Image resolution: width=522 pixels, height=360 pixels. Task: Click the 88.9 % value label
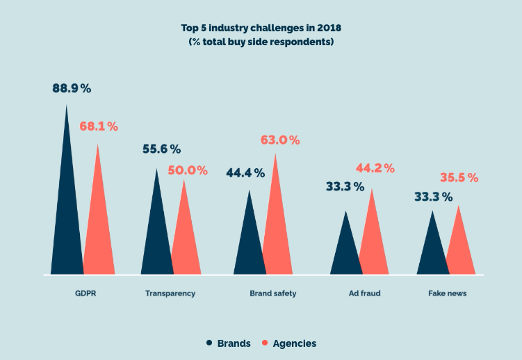(x=72, y=88)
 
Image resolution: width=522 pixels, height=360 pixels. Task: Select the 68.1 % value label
(x=99, y=126)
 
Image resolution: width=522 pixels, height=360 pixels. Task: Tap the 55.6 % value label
(x=161, y=149)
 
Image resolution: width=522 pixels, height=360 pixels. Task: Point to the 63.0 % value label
(x=280, y=140)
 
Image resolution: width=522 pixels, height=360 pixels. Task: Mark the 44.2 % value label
(x=375, y=168)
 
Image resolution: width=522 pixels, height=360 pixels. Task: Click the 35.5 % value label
(x=459, y=178)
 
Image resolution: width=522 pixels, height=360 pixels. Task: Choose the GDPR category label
(x=85, y=293)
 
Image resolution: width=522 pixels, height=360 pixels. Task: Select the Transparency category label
(x=170, y=293)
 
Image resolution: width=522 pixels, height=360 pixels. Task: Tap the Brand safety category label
(x=273, y=293)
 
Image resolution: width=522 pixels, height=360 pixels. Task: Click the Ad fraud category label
(x=365, y=293)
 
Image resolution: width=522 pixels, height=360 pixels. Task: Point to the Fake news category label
(x=448, y=293)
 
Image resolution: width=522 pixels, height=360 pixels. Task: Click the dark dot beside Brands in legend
(x=209, y=343)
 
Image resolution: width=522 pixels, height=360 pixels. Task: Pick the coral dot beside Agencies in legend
(x=264, y=343)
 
